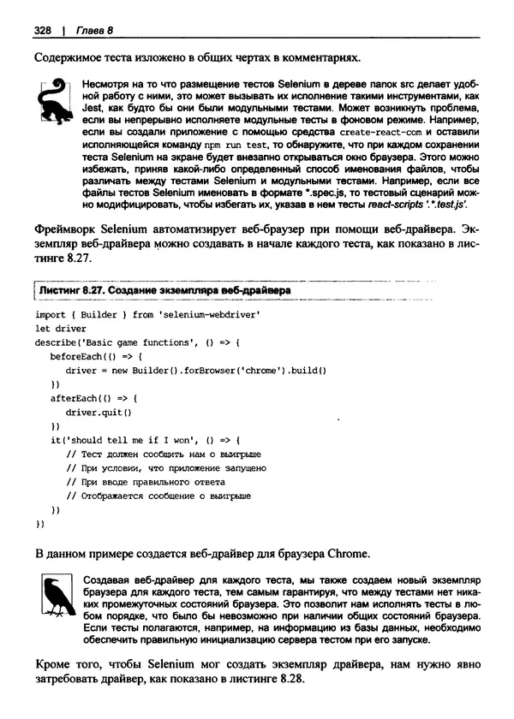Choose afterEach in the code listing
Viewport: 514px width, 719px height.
tap(76, 397)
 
